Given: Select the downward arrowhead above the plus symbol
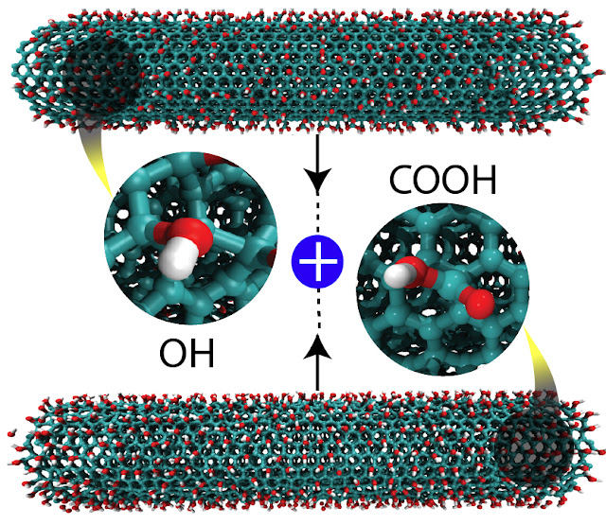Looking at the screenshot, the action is click(318, 179).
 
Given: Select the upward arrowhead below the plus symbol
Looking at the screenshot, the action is click(318, 351).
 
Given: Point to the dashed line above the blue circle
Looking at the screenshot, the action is click(318, 213).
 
